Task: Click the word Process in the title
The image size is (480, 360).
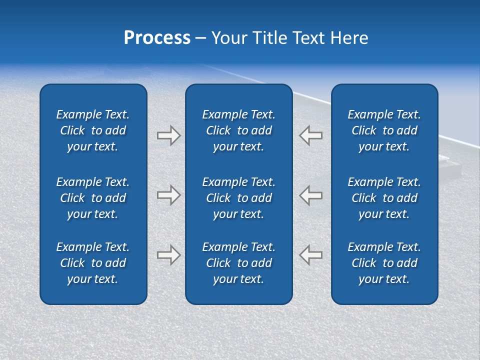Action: tap(157, 38)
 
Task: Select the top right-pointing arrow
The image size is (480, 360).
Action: tap(168, 135)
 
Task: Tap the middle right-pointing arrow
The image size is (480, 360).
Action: tap(168, 195)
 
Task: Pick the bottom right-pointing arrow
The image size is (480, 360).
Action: tap(168, 255)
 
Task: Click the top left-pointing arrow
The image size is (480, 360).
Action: tap(310, 135)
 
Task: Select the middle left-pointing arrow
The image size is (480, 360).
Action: tap(310, 195)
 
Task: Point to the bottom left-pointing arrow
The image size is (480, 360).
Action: tap(310, 255)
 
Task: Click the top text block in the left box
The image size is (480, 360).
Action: tap(93, 130)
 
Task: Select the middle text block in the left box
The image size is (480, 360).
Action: tap(93, 198)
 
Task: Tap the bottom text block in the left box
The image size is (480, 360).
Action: tap(93, 263)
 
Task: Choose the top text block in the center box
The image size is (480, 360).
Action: tap(239, 130)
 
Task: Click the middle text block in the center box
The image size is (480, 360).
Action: tap(239, 198)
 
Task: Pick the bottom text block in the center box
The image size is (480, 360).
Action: tap(239, 263)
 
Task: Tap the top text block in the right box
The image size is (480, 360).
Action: tap(384, 130)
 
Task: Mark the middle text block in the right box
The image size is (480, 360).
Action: tap(384, 198)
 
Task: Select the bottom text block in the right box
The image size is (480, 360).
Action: tap(384, 263)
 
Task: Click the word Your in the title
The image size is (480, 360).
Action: tap(229, 38)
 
